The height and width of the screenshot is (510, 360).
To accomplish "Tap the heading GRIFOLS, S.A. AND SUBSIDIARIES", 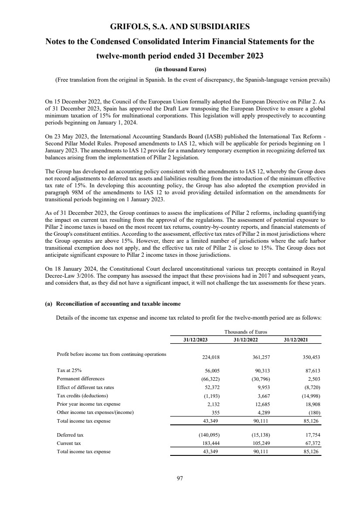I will pos(180,27).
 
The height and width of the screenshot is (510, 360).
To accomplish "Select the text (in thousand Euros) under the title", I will pos(180,69).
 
